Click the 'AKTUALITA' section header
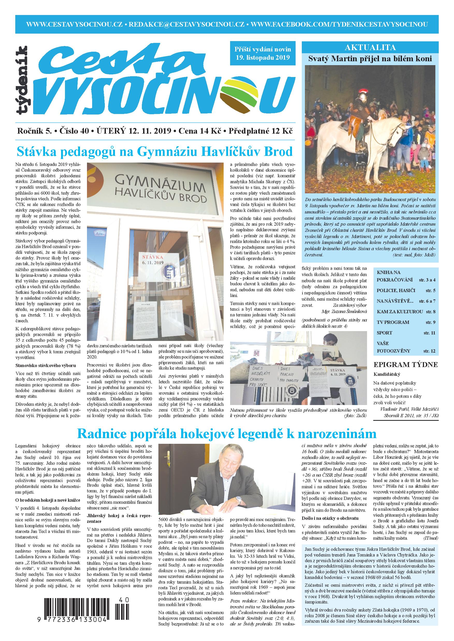click(x=370, y=48)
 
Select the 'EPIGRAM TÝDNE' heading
click(x=406, y=365)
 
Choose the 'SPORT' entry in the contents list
click(x=384, y=333)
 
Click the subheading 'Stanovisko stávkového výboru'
click(x=45, y=365)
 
